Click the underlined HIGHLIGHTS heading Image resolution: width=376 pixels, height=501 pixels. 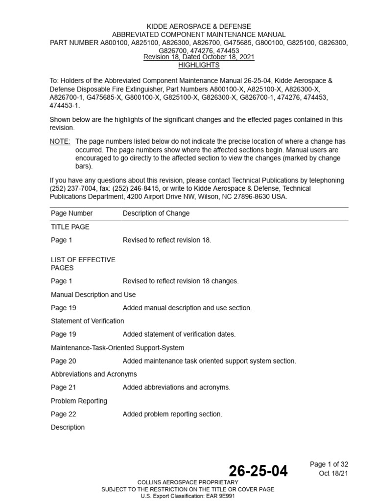[199, 65]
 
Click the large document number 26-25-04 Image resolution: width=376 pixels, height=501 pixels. [258, 472]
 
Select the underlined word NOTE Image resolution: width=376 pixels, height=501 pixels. [60, 141]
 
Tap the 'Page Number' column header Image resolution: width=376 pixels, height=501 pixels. [71, 213]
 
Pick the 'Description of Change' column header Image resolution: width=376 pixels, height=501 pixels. [156, 213]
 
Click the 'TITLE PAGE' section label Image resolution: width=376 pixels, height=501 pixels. [70, 227]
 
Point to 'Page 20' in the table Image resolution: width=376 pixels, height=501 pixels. [63, 361]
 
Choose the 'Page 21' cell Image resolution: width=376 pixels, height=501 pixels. [63, 387]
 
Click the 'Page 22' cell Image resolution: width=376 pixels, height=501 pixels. [63, 414]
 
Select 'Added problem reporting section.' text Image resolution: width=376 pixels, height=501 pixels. [172, 414]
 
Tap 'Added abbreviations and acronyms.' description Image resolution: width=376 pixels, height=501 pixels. [176, 387]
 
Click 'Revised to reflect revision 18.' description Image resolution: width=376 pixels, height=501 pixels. [167, 240]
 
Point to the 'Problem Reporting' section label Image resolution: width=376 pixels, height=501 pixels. [79, 401]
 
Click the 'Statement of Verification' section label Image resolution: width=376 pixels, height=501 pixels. [87, 321]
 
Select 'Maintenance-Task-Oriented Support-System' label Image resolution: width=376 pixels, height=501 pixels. [117, 348]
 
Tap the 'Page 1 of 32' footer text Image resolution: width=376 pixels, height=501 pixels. [329, 464]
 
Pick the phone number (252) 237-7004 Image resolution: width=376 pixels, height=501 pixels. [73, 188]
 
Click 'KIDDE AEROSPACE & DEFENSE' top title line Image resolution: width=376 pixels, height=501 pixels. [199, 26]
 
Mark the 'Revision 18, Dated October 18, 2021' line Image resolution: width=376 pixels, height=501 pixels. [199, 57]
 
